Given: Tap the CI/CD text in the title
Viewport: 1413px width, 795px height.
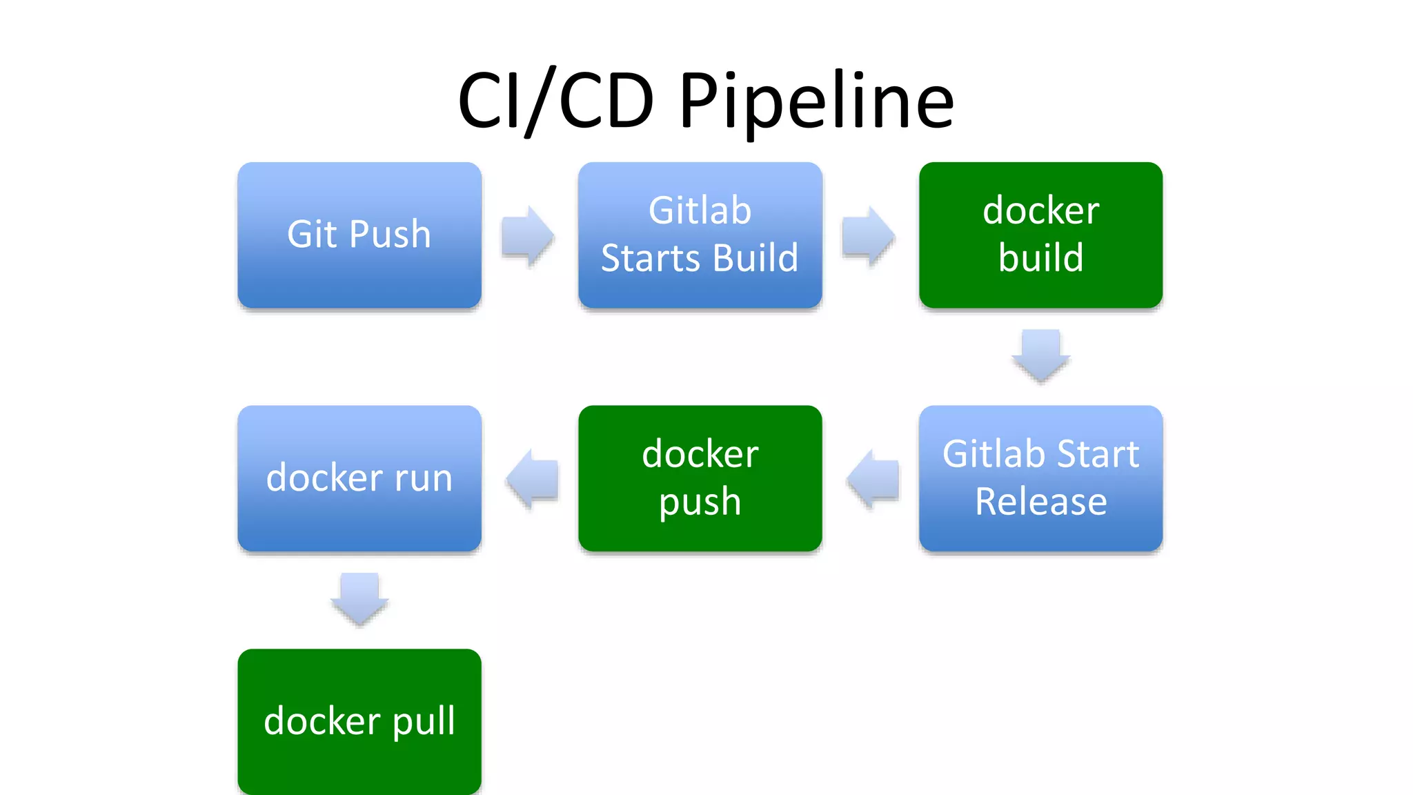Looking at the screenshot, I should [555, 102].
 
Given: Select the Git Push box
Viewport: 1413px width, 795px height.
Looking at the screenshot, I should [359, 235].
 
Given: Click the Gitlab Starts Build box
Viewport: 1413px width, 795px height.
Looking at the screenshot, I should [700, 235].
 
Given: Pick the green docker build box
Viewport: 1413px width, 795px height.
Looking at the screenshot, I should [1040, 235].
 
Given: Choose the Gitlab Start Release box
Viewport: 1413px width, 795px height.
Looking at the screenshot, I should [1040, 478].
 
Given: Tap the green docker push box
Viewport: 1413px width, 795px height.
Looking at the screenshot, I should [700, 478].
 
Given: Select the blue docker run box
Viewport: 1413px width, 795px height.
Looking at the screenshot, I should [359, 478].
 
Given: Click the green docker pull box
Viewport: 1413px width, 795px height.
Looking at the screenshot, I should [359, 721].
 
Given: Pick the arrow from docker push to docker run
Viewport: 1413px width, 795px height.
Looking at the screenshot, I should [532, 478].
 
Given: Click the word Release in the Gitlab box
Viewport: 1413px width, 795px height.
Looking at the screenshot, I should [1040, 502].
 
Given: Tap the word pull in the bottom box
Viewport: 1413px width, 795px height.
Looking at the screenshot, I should [424, 722].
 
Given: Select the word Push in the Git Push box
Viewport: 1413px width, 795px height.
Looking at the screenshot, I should [390, 235].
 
